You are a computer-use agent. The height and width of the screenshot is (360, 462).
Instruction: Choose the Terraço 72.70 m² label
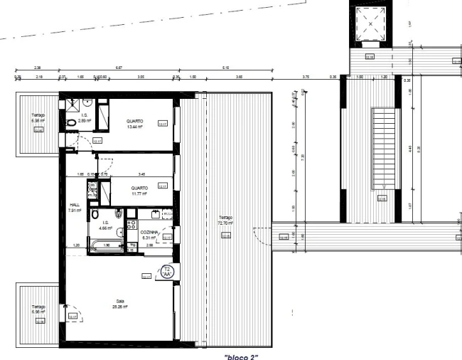225,221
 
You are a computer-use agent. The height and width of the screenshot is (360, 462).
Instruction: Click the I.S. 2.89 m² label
85,119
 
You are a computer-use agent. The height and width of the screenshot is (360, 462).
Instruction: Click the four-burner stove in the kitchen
131,226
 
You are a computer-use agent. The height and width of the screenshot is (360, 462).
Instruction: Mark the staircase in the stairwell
382,150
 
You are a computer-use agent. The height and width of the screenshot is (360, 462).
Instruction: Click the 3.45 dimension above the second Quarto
141,174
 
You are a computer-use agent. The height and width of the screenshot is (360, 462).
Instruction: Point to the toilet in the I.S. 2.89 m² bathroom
70,122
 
